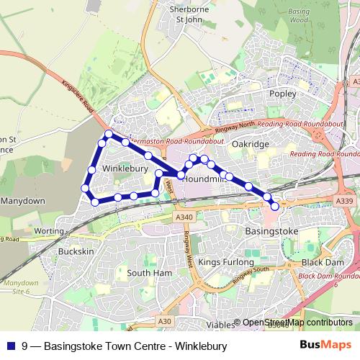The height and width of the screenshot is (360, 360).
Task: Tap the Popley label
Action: pos(282,94)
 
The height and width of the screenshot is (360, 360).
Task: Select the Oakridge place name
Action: pos(251,145)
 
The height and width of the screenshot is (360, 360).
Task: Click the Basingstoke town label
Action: pos(271,232)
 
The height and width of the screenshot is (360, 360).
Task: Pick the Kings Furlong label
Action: pos(222,262)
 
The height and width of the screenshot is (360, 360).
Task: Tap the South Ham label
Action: pos(148,274)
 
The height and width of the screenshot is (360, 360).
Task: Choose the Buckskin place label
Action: pos(76,252)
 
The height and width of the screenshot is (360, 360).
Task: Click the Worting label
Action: pos(49,231)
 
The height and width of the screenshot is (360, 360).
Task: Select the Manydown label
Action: pos(24,201)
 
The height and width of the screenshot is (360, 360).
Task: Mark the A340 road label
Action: pos(184,215)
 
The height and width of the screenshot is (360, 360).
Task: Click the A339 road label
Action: pos(343,203)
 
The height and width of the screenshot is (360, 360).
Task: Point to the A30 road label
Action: pos(166,320)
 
